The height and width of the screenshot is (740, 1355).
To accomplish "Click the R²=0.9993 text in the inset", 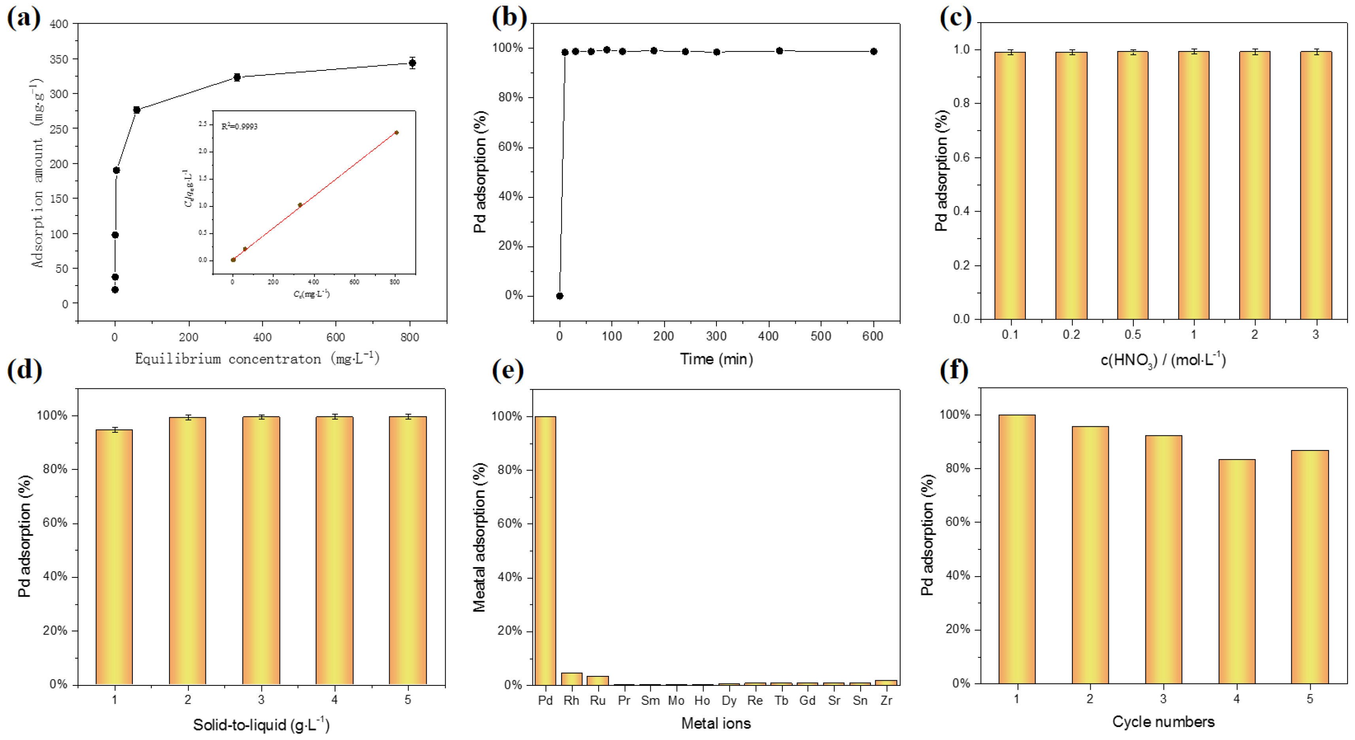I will tap(239, 126).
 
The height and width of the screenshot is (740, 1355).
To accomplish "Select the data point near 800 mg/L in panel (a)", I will tap(413, 63).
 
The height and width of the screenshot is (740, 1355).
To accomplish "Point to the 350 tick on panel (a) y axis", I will tap(59, 59).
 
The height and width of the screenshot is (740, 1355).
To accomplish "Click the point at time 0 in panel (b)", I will tap(560, 296).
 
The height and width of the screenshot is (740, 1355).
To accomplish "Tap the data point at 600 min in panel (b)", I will tap(874, 51).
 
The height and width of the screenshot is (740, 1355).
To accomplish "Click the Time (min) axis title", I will tap(716, 359).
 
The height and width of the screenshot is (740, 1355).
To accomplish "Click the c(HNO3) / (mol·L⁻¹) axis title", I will tap(1163, 360).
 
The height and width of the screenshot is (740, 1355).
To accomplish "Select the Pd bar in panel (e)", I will tap(545, 550).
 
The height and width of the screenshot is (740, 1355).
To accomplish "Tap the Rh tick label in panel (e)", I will tap(571, 700).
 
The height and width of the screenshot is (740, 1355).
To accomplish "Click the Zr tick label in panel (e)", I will tap(886, 700).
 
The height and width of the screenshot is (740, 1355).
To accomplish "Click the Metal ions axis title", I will tap(716, 723).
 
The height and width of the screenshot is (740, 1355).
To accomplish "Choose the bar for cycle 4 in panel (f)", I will tap(1236, 571).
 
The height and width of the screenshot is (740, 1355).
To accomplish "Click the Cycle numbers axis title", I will tap(1163, 721).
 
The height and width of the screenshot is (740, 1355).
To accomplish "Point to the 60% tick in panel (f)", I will tap(958, 522).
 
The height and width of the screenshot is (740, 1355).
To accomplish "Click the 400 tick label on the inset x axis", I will tap(313, 282).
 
